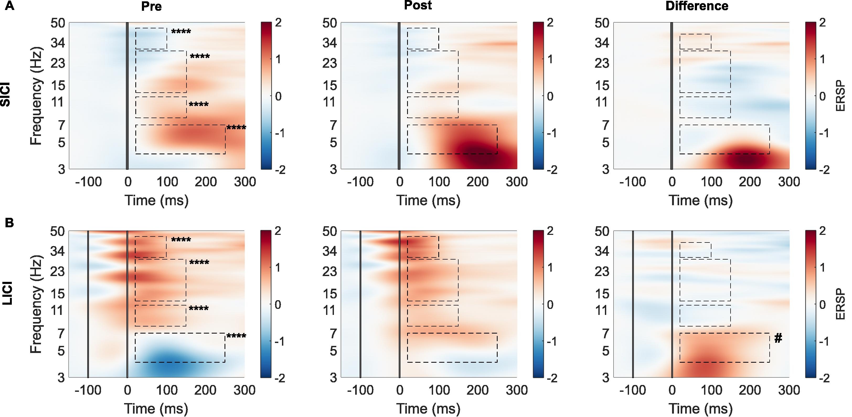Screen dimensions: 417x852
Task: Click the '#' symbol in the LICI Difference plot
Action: point(778,338)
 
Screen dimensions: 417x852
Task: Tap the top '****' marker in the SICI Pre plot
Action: point(181,32)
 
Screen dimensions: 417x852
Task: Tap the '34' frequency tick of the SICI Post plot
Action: point(329,43)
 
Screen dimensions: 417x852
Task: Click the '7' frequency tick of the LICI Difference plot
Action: point(605,334)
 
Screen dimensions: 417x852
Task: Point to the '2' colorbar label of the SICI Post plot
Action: point(550,23)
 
